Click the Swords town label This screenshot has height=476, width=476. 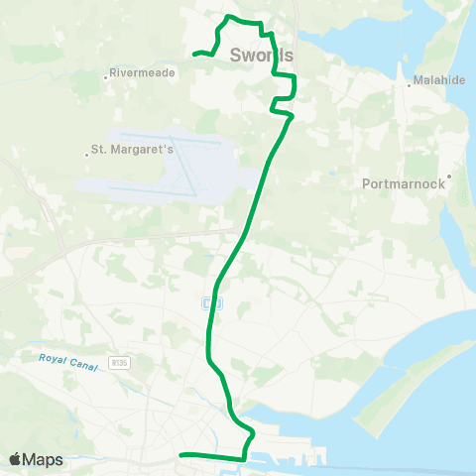click(261, 55)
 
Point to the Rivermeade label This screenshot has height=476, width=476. click(143, 73)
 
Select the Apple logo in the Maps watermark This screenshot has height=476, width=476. click(16, 459)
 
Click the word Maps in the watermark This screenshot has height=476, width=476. click(45, 459)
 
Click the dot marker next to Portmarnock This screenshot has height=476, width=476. click(449, 178)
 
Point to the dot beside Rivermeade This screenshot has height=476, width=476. click(105, 73)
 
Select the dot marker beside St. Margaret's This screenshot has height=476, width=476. click(85, 151)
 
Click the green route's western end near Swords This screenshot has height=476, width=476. click(194, 54)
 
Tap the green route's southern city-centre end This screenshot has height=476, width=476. click(180, 455)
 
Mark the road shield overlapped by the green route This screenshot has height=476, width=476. click(208, 302)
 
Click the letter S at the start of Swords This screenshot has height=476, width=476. click(236, 55)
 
